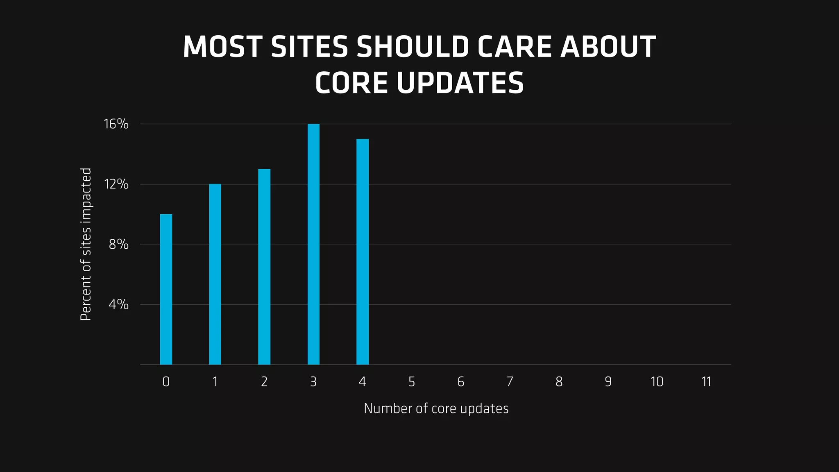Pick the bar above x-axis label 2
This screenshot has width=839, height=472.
coord(264,266)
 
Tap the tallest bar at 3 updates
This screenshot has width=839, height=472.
coord(313,244)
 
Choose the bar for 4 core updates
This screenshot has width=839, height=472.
coord(363,251)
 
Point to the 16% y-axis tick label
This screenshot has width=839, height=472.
coord(116,124)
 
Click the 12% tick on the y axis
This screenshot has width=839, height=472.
coord(116,184)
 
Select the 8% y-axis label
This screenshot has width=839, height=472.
coord(119,244)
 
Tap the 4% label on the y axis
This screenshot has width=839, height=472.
coord(119,304)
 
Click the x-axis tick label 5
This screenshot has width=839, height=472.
coord(412,382)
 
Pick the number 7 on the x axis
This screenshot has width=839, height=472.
coord(510,382)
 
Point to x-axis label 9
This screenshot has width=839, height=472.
coord(608,382)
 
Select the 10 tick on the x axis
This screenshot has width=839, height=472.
coord(657,382)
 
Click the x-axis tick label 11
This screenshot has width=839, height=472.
coord(706,382)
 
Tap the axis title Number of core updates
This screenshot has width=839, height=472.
coord(436,408)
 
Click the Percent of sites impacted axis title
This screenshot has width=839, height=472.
coord(86,244)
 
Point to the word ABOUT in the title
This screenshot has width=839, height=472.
coord(608,47)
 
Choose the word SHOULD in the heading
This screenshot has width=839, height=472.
coord(413,47)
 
